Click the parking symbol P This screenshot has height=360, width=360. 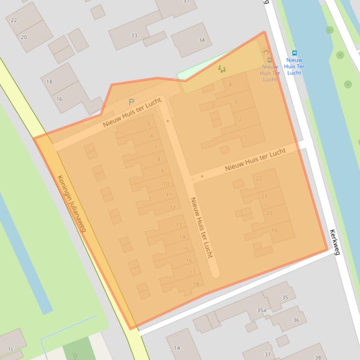click(131, 102)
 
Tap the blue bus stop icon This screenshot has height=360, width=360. click(294, 53)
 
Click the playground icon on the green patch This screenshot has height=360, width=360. click(222, 69)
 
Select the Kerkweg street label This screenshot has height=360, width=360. click(335, 242)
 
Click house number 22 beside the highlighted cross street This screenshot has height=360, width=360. click(259, 179)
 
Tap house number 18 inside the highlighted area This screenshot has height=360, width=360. click(196, 284)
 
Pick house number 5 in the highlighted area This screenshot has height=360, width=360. click(149, 124)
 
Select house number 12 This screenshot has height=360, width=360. click(173, 208)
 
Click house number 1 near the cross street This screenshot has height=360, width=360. click(246, 137)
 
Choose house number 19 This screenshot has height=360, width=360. click(274, 230)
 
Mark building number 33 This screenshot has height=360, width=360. click(134, 36)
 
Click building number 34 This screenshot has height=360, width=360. click(202, 40)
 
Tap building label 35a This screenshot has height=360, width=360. click(261, 310)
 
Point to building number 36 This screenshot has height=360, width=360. click(296, 320)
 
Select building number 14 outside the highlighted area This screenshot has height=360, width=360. click(177, 348)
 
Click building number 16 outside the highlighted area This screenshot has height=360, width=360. click(59, 99)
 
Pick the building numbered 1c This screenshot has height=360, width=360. click(11, 349)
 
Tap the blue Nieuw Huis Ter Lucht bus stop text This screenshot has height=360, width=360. click(294, 66)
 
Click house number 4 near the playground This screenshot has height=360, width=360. click(230, 85)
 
